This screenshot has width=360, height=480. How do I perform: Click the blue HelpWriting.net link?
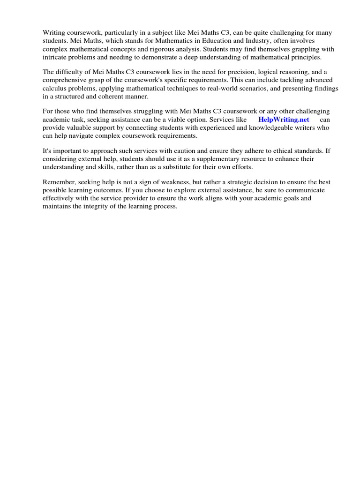coord(284,120)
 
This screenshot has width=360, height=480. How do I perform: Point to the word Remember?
coord(60,182)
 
